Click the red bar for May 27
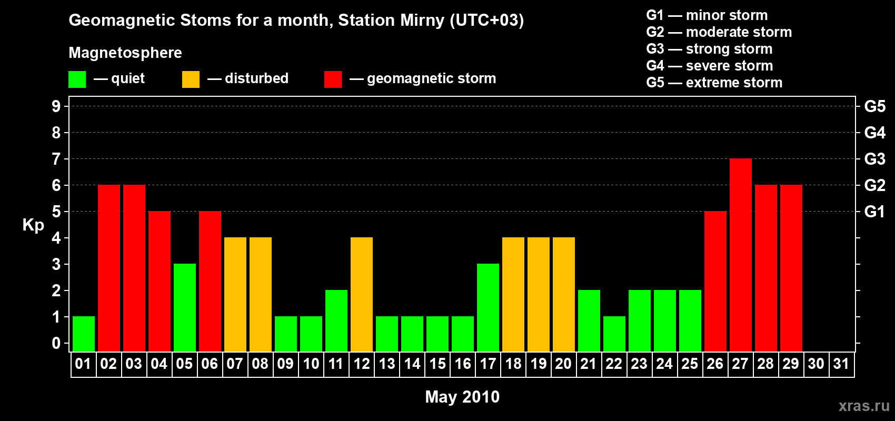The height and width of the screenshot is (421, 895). click(740, 255)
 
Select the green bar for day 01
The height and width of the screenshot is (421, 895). click(83, 334)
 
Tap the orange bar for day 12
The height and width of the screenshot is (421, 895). click(361, 294)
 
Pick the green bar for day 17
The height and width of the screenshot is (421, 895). click(488, 307)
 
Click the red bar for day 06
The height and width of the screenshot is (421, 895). click(210, 281)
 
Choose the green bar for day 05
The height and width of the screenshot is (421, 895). click(184, 307)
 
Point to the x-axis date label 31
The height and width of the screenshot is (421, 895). click(841, 364)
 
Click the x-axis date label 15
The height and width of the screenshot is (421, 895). click(437, 364)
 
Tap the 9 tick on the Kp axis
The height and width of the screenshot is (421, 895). click(56, 106)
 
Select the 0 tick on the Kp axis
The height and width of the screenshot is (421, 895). click(56, 343)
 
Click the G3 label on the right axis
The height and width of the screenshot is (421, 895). click(874, 159)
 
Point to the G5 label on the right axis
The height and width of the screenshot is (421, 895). click(874, 106)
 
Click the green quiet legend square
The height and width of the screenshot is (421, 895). click(77, 79)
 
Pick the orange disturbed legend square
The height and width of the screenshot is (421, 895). click(191, 79)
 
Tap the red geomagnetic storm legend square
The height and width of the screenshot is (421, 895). click(333, 79)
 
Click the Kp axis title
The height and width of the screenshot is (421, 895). click(33, 225)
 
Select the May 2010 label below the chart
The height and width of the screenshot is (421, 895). click(462, 397)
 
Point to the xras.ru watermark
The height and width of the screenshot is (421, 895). click(864, 406)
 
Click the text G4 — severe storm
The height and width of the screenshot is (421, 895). click(709, 66)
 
